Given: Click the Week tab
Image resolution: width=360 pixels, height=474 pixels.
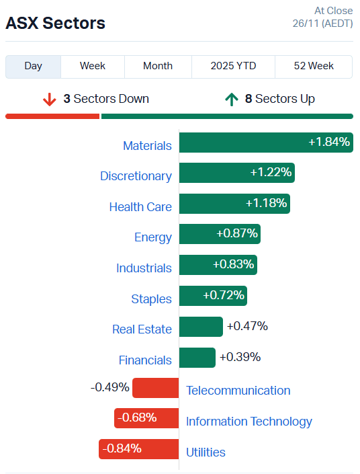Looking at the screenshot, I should click(92, 66).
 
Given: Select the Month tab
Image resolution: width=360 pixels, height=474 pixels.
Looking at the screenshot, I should click(158, 66).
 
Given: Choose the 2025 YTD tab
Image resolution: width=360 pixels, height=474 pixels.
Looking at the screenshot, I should click(233, 66).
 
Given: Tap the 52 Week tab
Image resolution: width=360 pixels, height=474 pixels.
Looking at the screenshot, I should click(314, 66).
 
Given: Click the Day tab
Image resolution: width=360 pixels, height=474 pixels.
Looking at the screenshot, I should click(34, 66).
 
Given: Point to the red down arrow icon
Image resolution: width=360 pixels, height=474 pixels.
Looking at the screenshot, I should click(49, 100).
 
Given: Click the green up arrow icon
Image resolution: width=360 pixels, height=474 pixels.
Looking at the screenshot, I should click(232, 100).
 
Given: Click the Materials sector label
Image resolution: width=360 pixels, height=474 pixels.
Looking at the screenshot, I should click(147, 145).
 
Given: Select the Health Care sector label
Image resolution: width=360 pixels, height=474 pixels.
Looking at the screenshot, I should click(140, 206).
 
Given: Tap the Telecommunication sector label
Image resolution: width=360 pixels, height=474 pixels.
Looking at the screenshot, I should click(238, 390).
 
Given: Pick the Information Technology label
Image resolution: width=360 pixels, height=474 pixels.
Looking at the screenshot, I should click(249, 421).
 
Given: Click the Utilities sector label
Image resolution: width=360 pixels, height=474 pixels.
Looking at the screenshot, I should click(206, 452).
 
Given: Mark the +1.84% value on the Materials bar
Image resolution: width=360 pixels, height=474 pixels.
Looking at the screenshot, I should click(329, 142).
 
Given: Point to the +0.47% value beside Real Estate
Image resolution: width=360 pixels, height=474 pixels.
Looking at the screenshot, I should click(247, 326).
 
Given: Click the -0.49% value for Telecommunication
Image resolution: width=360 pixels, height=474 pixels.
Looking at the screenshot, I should click(110, 387).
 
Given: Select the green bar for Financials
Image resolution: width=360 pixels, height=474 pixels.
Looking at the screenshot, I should click(197, 358).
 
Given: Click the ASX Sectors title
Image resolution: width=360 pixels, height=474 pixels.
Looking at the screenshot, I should click(56, 23).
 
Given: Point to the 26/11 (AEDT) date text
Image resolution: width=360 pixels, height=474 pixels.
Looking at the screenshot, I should click(318, 24).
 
